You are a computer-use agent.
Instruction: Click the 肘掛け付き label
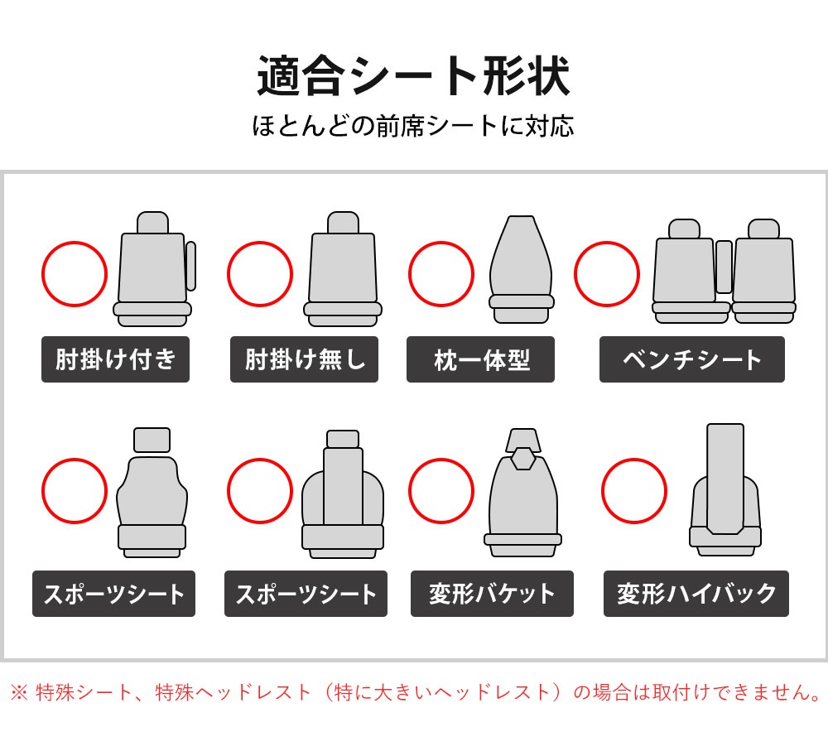[x=115, y=359]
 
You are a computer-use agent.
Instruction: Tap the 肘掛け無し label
[x=304, y=359]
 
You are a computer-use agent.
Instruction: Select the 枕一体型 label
[x=480, y=359]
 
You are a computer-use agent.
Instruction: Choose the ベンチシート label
[x=691, y=359]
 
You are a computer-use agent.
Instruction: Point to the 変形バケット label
[x=492, y=594]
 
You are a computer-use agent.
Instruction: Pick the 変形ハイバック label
[x=696, y=594]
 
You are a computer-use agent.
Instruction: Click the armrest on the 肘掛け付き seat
[x=190, y=266]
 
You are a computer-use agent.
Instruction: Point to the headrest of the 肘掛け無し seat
[x=344, y=223]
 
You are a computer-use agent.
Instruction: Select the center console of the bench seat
[x=724, y=267]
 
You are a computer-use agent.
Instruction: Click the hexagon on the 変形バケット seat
[x=523, y=458]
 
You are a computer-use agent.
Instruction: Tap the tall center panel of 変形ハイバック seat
[x=725, y=479]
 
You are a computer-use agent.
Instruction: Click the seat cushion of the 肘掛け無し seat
[x=343, y=315]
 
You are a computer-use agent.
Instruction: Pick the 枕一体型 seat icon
[x=521, y=269]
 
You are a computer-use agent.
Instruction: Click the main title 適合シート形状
[x=413, y=76]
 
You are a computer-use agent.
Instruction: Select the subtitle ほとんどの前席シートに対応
[x=413, y=126]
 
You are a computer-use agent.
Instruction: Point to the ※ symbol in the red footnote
[x=19, y=692]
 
